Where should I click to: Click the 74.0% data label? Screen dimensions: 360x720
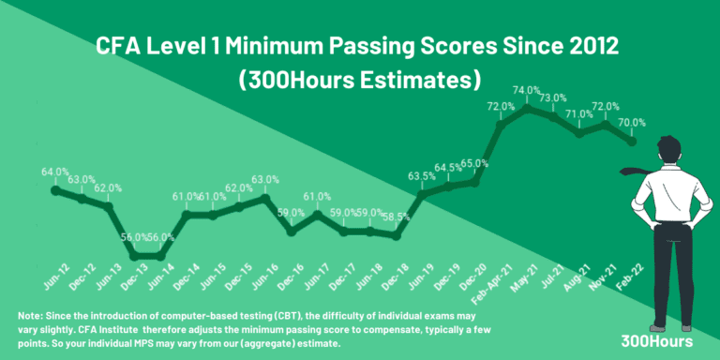[526, 90]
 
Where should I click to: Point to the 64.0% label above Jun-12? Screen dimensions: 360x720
[55, 172]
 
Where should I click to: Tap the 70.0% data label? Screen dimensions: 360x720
[632, 122]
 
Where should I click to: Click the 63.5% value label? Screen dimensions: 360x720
[422, 175]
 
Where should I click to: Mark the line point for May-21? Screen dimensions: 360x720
[529, 109]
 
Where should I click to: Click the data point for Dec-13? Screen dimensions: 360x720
[134, 255]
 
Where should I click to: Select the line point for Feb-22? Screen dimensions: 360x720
[633, 142]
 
